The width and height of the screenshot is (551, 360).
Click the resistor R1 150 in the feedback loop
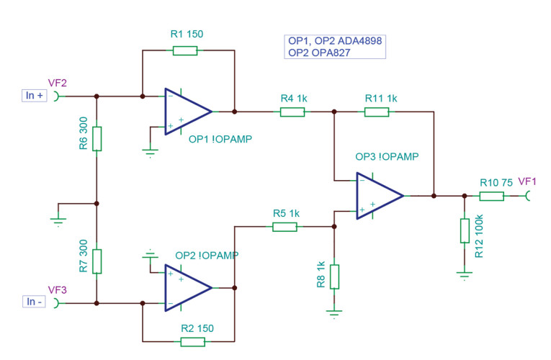coord(184,50)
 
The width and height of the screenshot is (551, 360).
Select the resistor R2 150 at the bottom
coord(193,341)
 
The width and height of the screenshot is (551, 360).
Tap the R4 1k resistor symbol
coord(292,112)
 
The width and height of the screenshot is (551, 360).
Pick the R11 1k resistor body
coord(377,112)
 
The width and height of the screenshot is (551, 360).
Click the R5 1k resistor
coord(285,227)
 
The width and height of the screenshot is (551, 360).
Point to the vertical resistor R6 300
coord(97,138)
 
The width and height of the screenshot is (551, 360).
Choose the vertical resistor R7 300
coord(97,261)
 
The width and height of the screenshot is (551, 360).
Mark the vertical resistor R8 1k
coord(334,276)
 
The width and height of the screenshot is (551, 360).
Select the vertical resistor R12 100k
coord(465,231)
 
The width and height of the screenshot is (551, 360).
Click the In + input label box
coord(35,96)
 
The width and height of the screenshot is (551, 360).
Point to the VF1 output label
coord(527,181)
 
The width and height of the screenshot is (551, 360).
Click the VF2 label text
coord(57,83)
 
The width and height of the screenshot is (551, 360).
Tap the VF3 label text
coord(57,289)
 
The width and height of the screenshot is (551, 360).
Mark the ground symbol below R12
coord(465,274)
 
